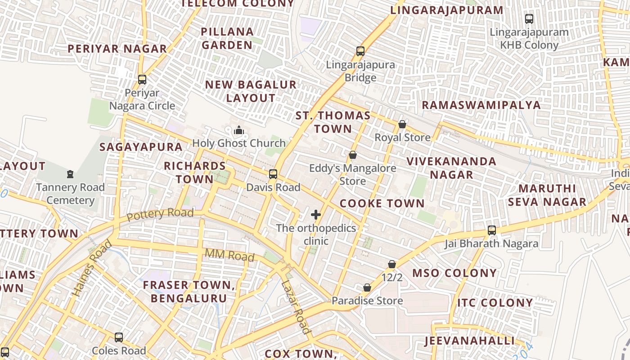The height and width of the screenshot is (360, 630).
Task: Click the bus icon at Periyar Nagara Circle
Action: tap(142, 80)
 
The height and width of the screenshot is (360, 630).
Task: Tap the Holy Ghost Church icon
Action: tap(238, 131)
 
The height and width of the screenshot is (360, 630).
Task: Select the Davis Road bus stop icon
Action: tap(273, 174)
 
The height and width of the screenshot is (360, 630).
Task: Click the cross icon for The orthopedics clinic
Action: tap(316, 215)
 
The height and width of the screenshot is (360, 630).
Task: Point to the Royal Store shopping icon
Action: tap(402, 124)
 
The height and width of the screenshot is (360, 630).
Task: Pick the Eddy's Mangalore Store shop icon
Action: tap(353, 155)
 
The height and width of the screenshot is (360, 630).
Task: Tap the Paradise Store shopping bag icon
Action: tap(367, 288)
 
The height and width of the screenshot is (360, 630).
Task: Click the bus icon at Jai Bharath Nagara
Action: tap(492, 230)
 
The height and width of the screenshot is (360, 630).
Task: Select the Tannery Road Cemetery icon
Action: tap(70, 174)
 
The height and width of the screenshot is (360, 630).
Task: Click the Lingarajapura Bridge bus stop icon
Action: tap(360, 51)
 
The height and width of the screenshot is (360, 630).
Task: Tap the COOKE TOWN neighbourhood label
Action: tap(382, 203)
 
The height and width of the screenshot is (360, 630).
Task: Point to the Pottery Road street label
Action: tap(160, 214)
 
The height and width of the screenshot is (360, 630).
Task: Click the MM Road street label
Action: tap(229, 255)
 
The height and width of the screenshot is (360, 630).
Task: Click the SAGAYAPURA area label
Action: tap(141, 147)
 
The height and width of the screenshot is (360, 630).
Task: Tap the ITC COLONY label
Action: tap(495, 302)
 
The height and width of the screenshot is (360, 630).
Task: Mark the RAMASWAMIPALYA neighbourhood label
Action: tap(481, 105)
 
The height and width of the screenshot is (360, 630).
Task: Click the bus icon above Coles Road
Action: tap(119, 337)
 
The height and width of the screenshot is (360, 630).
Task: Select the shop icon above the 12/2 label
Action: tap(392, 264)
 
